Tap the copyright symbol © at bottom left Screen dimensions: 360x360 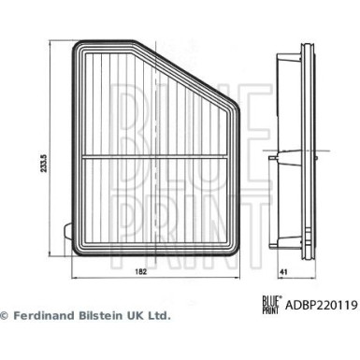pos(6,317)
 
